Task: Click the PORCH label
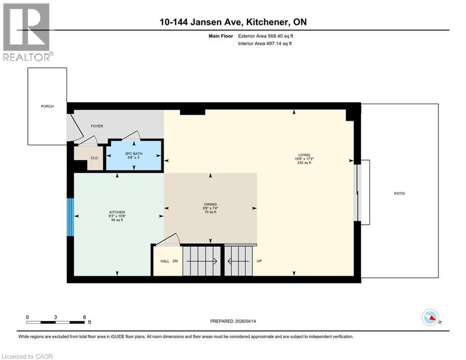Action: [x=47, y=106]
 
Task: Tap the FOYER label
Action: [x=97, y=126]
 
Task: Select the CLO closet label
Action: [x=94, y=158]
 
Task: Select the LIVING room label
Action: [x=304, y=155]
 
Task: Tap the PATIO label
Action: [x=399, y=193]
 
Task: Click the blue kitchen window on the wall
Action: [x=70, y=217]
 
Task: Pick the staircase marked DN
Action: [x=200, y=261]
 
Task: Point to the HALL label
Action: [x=165, y=261]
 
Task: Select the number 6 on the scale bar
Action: [x=84, y=317]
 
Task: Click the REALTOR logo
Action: [x=27, y=32]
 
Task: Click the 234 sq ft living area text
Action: [x=304, y=163]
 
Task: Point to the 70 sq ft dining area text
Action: [x=210, y=212]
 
